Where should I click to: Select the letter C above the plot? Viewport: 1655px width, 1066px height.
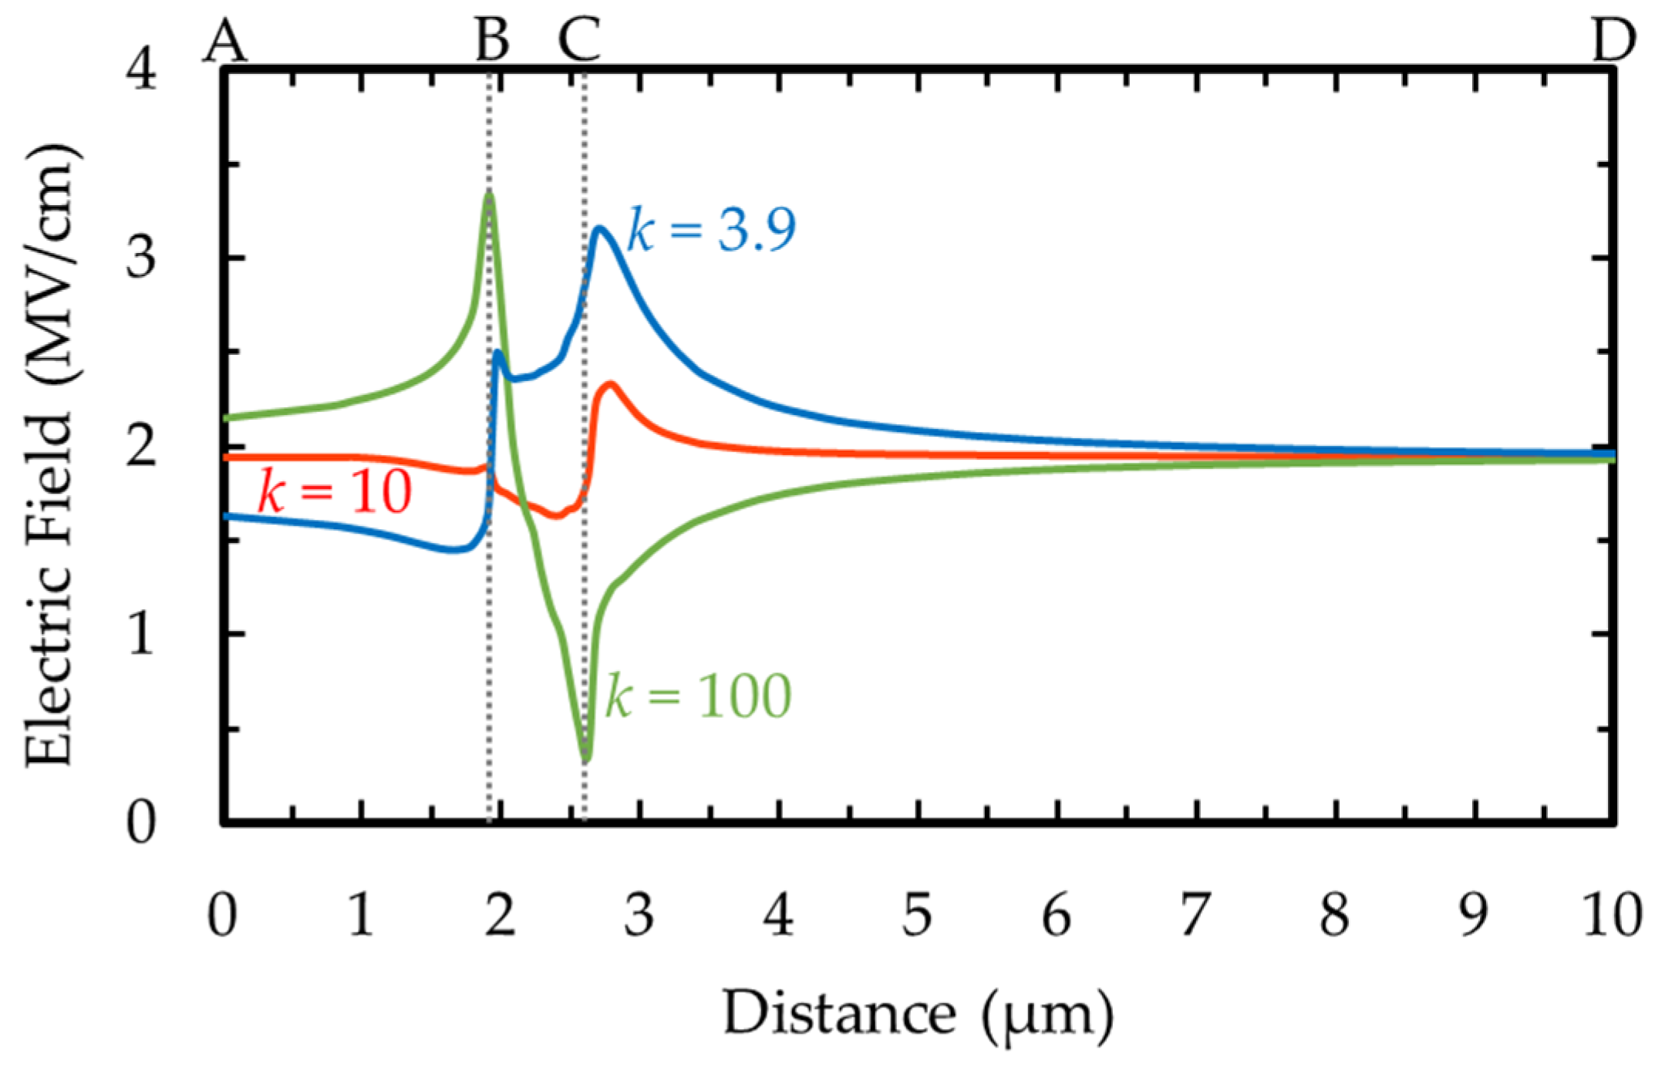579,39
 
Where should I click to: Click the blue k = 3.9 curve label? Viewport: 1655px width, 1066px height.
711,230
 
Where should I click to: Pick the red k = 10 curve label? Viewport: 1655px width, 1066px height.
335,492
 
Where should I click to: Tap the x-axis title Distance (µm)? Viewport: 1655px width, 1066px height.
918,1014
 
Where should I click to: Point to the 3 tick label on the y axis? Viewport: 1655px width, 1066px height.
141,258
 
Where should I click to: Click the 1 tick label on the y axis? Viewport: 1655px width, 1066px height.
141,634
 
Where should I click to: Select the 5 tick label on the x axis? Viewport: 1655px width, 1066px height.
918,916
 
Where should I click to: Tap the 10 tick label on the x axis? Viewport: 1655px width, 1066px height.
1612,916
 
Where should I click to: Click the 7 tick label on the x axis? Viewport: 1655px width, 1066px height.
1195,916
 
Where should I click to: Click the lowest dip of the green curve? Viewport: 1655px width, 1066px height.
586,758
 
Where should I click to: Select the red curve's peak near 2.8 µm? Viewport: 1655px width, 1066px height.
611,383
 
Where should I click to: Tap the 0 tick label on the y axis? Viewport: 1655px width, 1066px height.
141,824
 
